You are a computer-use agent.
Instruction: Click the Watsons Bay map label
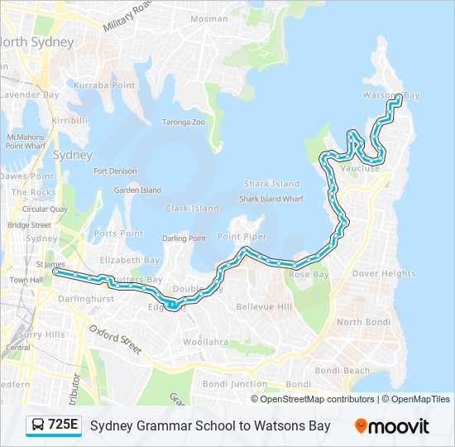(x=390, y=95)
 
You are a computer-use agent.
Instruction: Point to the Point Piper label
(x=242, y=237)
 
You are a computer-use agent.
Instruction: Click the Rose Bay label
(x=309, y=274)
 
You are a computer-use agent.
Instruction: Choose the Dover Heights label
(x=384, y=273)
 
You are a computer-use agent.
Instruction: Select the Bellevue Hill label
(x=265, y=307)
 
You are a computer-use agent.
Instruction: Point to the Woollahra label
(x=205, y=341)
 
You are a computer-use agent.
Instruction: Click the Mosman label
(x=208, y=18)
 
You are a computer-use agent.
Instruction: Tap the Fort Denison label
(x=115, y=171)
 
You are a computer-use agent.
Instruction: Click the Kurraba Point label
(x=104, y=85)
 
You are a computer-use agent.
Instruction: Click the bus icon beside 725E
(x=37, y=426)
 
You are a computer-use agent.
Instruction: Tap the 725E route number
(x=64, y=425)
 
